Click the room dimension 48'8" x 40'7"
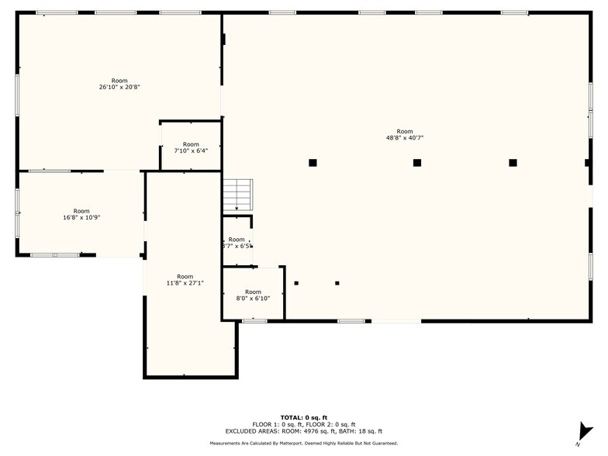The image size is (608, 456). (x=405, y=138)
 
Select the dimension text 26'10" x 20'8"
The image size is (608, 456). (x=119, y=87)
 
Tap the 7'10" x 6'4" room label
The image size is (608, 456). (x=191, y=151)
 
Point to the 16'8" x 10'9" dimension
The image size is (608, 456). (x=81, y=218)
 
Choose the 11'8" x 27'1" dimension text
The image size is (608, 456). (x=185, y=283)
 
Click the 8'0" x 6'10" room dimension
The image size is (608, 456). (x=253, y=298)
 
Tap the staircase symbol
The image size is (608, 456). (x=237, y=195)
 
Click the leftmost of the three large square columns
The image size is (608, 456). (x=313, y=163)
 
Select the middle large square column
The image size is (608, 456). (x=416, y=163)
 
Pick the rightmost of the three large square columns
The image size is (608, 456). (x=513, y=163)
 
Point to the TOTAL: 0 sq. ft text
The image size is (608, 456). (x=303, y=417)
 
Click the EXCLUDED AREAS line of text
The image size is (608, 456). (x=303, y=431)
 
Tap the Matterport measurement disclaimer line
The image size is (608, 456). (x=303, y=444)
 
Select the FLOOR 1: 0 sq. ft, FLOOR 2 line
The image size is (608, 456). (x=303, y=424)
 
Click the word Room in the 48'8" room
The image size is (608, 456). (x=405, y=131)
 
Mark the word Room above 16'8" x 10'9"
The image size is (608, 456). (x=81, y=211)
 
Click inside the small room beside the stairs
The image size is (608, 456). (x=237, y=242)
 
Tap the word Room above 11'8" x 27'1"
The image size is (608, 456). (x=185, y=276)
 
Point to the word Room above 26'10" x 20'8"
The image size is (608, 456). (x=119, y=81)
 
